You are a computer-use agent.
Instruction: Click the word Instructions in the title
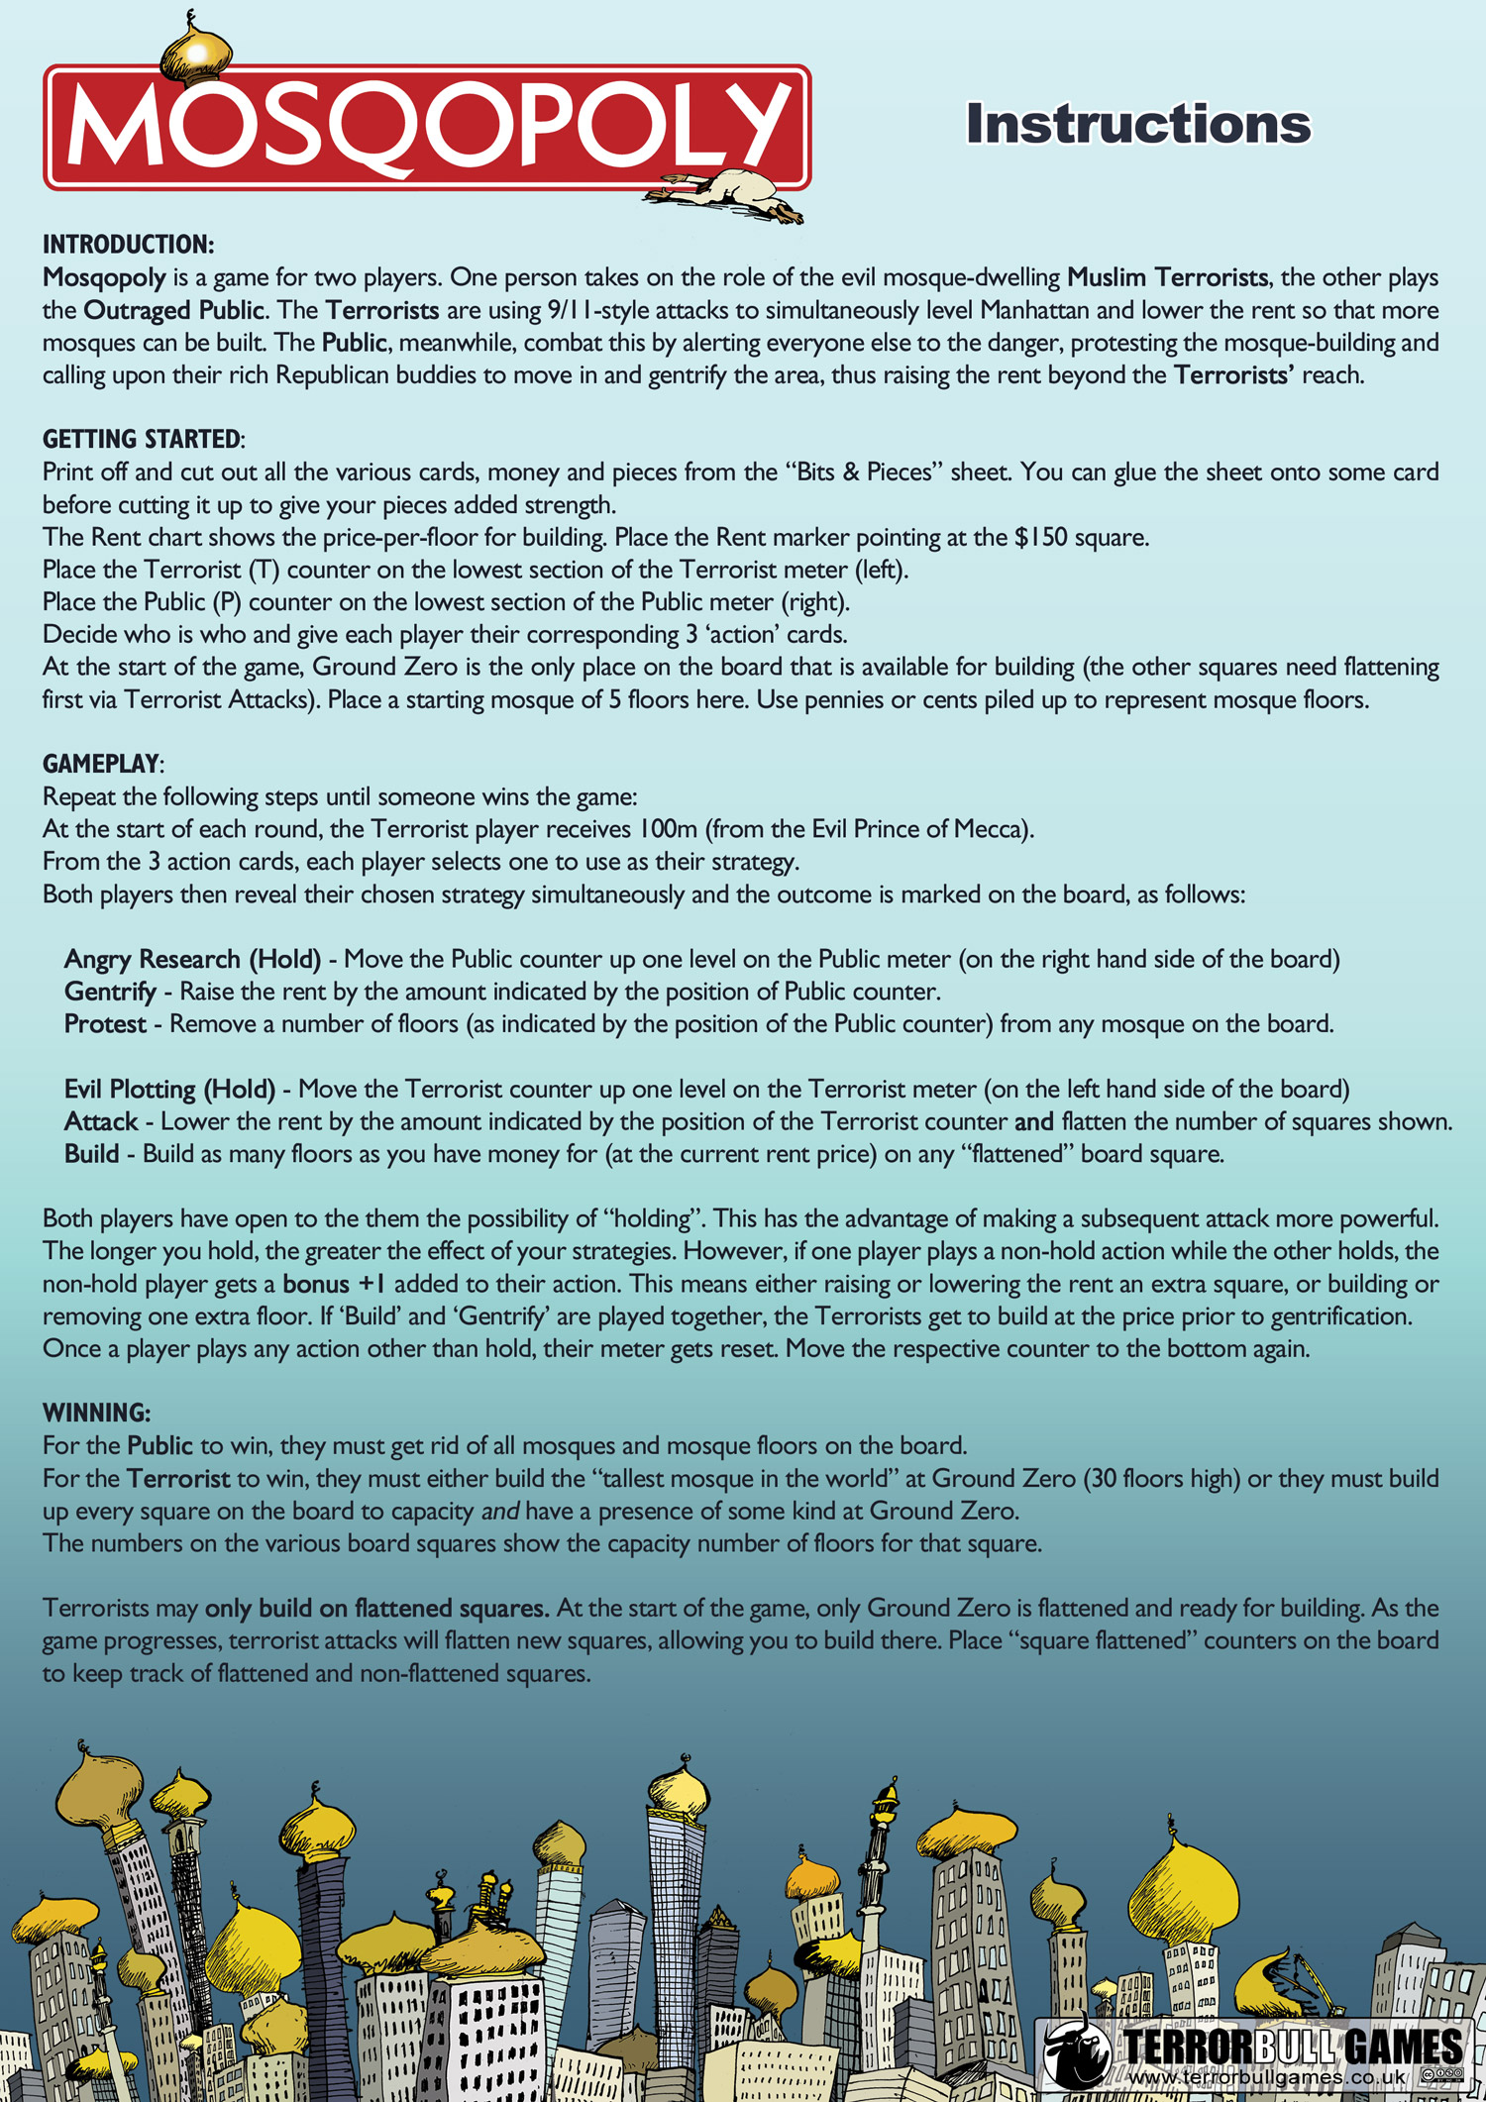[x=1138, y=125]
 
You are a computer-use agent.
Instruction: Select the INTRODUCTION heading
[x=128, y=245]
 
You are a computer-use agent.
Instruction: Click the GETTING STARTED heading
[x=143, y=439]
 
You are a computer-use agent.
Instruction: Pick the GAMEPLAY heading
[x=102, y=764]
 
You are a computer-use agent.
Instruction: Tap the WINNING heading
[x=96, y=1413]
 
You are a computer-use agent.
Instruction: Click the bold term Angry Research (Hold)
[x=192, y=959]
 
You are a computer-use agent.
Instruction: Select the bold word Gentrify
[x=110, y=992]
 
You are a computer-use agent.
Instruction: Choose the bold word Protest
[x=105, y=1024]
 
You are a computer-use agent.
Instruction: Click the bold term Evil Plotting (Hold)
[x=169, y=1090]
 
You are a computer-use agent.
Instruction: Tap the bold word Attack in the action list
[x=101, y=1122]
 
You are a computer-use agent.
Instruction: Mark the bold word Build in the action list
[x=91, y=1154]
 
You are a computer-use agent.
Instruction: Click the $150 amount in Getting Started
[x=1040, y=538]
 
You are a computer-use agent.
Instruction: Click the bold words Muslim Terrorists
[x=1167, y=277]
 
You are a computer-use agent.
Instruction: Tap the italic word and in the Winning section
[x=500, y=1511]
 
